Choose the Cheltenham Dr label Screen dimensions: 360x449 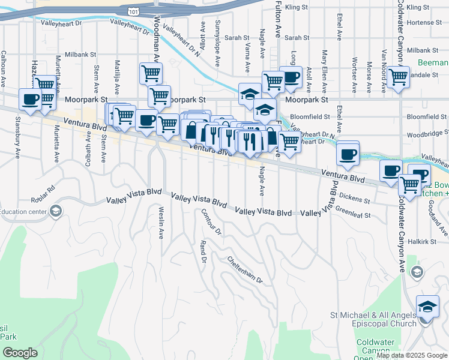point(245,269)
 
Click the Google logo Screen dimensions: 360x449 point(20,353)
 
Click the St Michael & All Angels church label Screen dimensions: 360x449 point(372,319)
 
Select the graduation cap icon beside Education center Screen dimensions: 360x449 point(56,211)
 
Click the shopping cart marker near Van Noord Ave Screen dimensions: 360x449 point(398,77)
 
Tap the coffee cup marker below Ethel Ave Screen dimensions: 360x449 point(348,155)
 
